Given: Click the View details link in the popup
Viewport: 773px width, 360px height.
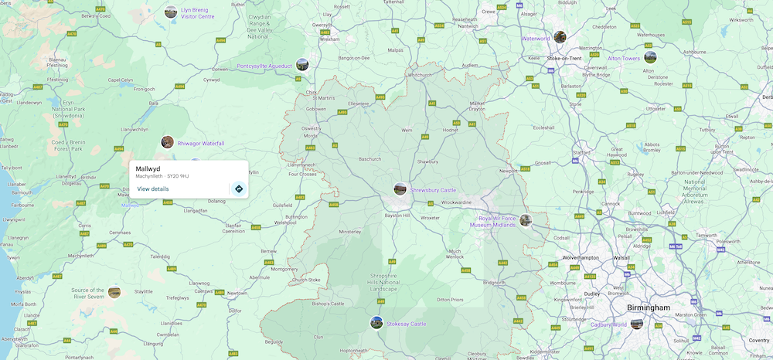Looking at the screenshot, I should [x=153, y=188].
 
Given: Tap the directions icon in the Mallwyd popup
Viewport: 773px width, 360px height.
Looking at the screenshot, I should [x=239, y=188].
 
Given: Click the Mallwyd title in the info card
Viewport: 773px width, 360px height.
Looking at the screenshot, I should [x=148, y=168].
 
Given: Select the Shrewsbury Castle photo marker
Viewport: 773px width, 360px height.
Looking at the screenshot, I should [x=400, y=188].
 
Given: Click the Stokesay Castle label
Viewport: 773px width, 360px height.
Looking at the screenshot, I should [x=407, y=324].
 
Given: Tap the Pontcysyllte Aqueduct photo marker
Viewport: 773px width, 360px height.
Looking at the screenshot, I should [x=302, y=64].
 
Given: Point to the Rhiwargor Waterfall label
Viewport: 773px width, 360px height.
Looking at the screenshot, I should [x=201, y=143].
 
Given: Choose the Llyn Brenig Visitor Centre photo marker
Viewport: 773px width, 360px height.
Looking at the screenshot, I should [x=171, y=12].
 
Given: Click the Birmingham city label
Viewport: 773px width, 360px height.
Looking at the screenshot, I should [x=649, y=307].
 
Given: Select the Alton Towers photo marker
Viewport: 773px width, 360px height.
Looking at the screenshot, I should [x=650, y=56].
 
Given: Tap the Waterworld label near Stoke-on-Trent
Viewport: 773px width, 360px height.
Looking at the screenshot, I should [x=536, y=38].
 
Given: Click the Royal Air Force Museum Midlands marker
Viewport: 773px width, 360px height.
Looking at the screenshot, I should [x=526, y=220].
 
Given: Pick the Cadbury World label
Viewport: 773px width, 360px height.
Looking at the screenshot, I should [x=609, y=324].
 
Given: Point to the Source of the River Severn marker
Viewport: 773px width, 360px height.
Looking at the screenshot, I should [x=114, y=291].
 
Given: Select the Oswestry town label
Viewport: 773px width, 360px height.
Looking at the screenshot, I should [x=311, y=128].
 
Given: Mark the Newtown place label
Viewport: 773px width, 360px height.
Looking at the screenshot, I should [x=237, y=294].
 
